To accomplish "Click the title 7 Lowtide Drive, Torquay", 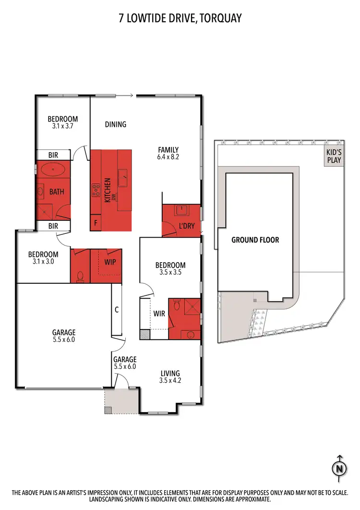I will coord(180,19).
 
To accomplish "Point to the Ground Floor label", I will coord(255,240).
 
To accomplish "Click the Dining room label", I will coord(115,124).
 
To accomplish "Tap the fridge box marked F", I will coord(96,223).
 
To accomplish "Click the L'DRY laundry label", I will coord(186,225).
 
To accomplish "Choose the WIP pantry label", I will coord(110,262).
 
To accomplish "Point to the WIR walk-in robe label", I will coord(159,314).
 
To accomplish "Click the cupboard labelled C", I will coord(117,310).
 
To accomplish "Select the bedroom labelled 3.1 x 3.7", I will coord(62,122).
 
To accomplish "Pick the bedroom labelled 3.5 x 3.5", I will coord(170,268).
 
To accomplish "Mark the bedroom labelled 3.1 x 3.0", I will coord(43,258).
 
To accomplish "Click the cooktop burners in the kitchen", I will coord(96,191).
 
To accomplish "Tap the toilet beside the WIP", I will coord(81,275).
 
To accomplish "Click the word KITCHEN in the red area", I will coord(108,190).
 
